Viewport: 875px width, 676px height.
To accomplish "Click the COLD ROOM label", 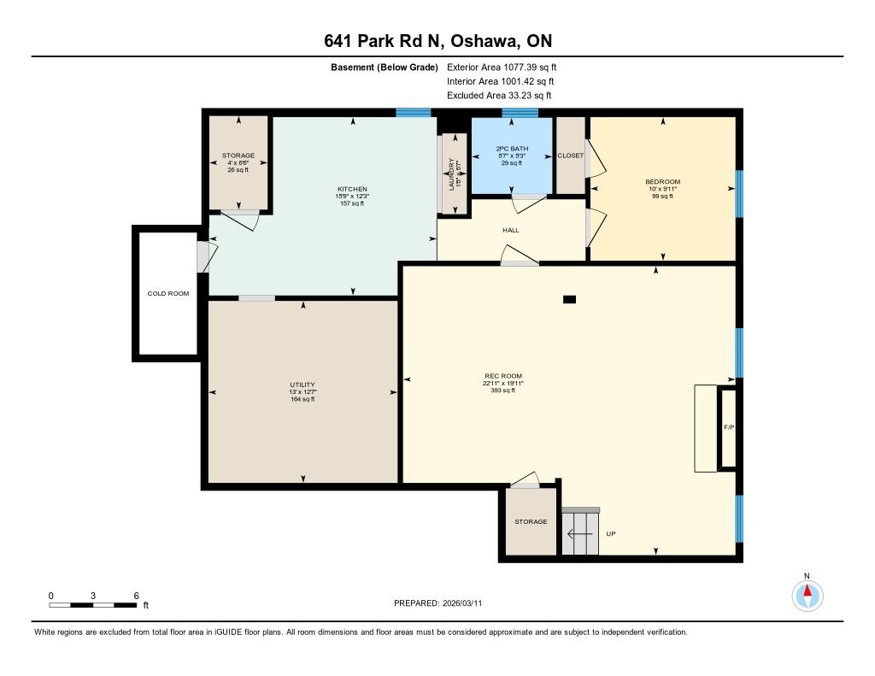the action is [168, 293].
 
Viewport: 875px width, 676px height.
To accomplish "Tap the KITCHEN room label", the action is [352, 189].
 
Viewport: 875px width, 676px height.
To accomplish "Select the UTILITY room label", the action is [302, 385].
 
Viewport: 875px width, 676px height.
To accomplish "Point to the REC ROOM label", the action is [502, 376].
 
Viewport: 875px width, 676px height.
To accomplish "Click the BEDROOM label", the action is [663, 181].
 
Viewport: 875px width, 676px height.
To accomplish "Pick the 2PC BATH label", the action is [512, 149].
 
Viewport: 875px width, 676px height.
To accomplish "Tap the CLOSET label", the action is [570, 156].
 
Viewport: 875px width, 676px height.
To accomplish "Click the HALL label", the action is [511, 230].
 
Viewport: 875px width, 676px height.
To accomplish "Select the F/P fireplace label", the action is [729, 427].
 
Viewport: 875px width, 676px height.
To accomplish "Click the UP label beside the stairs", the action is [611, 533].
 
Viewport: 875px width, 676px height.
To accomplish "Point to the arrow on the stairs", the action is [580, 533].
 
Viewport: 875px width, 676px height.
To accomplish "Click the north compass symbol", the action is [807, 596].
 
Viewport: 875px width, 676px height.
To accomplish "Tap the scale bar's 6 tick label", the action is [136, 596].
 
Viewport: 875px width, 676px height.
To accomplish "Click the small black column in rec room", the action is [569, 299].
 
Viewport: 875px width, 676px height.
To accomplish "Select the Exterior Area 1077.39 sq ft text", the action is [502, 67].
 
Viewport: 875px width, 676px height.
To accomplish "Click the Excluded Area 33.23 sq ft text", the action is [499, 96].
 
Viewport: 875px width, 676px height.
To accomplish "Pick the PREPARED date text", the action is [438, 603].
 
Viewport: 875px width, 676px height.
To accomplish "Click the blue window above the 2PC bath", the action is [520, 112].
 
